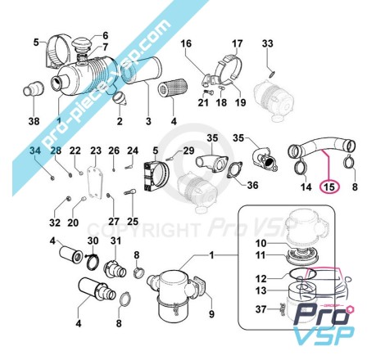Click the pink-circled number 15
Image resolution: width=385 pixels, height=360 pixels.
click(x=329, y=187)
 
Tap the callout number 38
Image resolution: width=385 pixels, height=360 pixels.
click(x=34, y=121)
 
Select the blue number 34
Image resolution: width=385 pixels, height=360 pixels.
click(x=35, y=151)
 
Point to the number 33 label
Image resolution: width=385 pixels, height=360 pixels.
click(x=267, y=43)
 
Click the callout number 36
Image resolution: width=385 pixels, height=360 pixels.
click(x=252, y=185)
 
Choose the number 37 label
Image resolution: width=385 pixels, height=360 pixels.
click(x=260, y=309)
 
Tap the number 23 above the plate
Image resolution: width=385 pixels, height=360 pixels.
click(x=96, y=151)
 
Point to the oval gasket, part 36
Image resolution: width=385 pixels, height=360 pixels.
click(x=234, y=170)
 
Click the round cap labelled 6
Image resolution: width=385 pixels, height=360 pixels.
click(x=80, y=44)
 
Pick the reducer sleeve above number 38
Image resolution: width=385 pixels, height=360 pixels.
click(x=34, y=88)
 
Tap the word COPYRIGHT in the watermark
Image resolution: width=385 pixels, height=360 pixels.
click(x=143, y=229)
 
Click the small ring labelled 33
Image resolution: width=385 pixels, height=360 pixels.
click(x=272, y=74)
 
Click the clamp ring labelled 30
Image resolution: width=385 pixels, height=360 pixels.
click(x=93, y=262)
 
